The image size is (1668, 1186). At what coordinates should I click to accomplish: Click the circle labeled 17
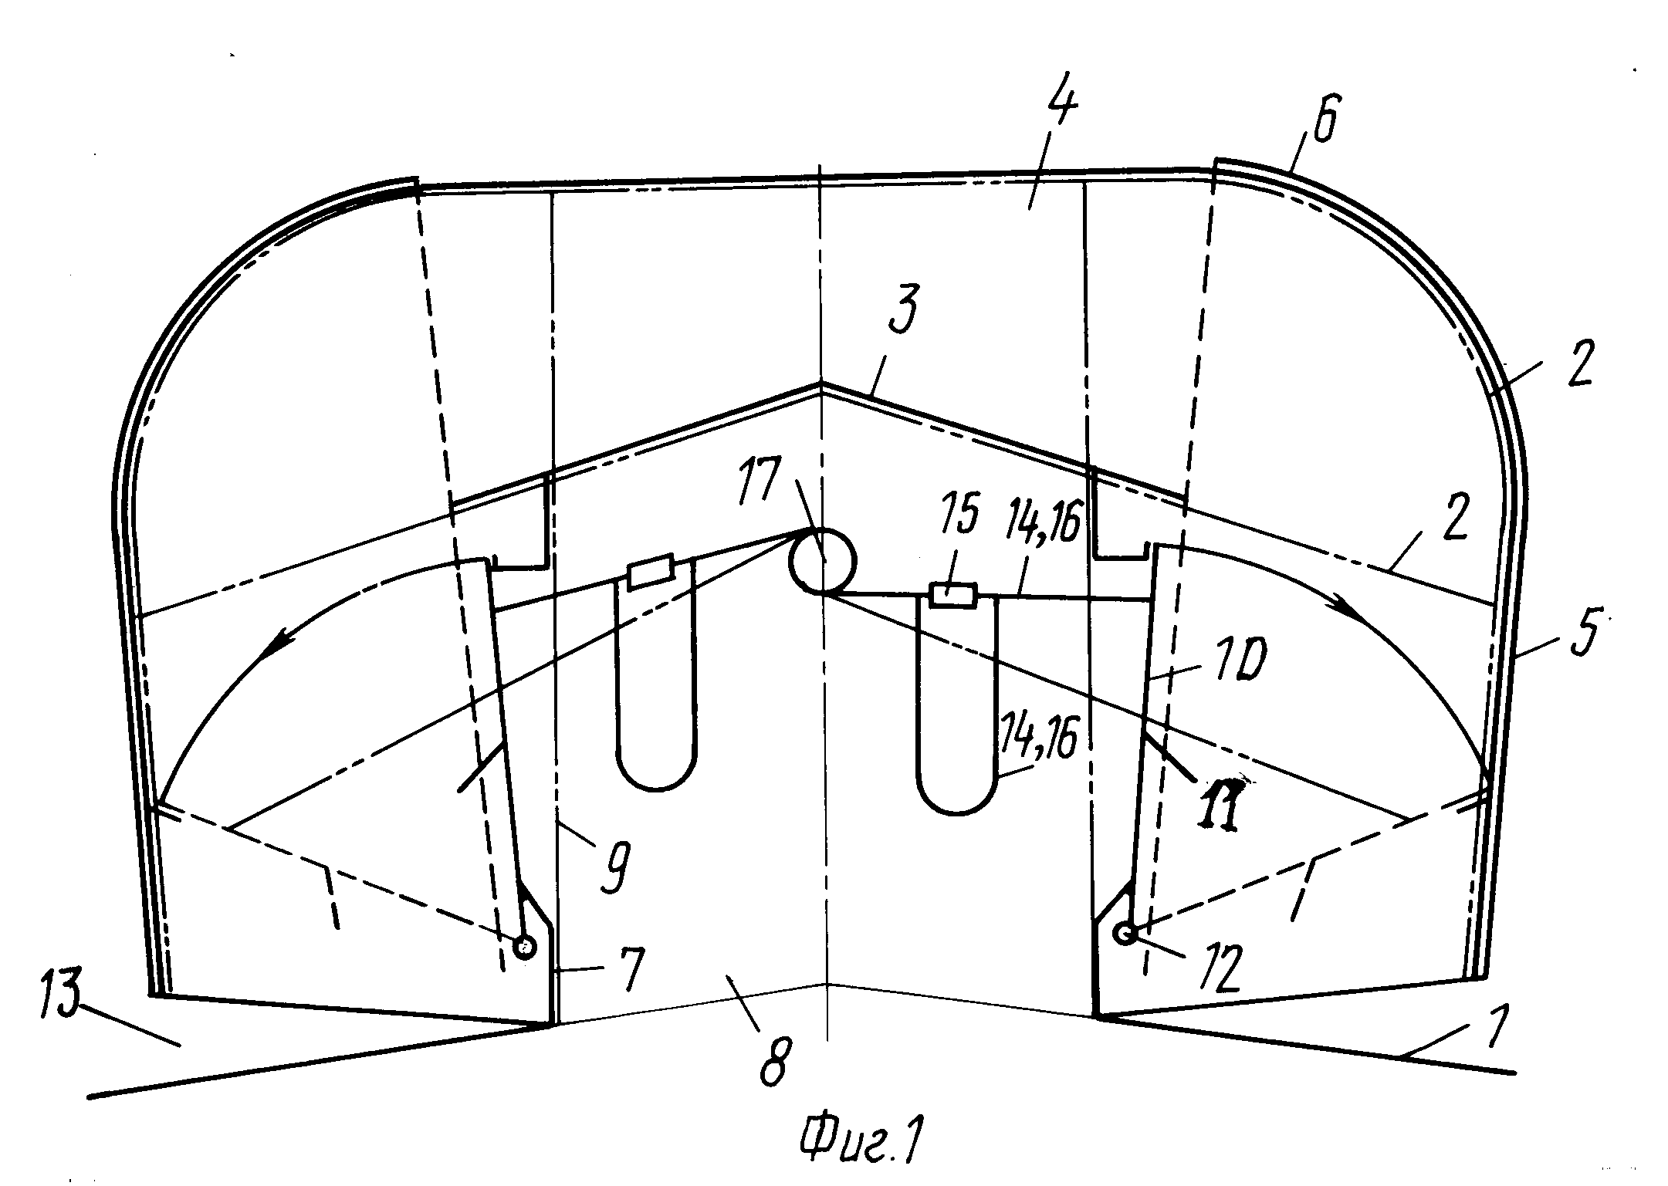(822, 561)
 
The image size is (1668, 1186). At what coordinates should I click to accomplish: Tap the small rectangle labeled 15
(953, 596)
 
